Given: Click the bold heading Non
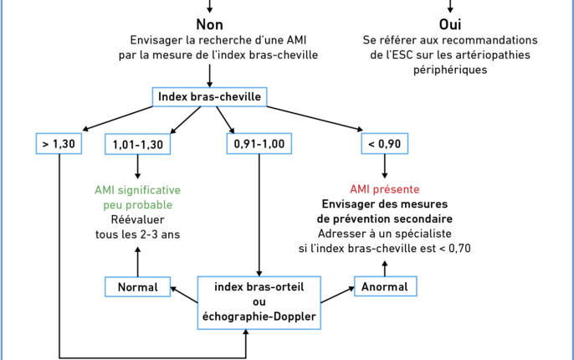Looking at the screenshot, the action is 209,24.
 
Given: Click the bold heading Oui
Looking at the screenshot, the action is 450,24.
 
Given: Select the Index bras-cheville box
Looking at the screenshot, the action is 209,97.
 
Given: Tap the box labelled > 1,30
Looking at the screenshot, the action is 59,143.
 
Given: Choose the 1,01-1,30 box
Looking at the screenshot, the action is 137,144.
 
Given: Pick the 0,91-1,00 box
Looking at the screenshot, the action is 259,143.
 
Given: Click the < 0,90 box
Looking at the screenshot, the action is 384,143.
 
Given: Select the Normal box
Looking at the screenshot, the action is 137,287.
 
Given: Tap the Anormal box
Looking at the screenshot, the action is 385,286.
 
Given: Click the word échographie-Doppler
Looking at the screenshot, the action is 259,316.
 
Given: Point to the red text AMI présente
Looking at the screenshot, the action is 384,189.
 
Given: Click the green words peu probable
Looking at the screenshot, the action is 137,205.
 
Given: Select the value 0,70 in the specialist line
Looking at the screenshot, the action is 459,249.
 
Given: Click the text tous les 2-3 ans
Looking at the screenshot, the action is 137,234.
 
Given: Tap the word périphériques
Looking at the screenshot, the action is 450,70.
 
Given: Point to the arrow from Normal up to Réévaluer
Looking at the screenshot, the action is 137,262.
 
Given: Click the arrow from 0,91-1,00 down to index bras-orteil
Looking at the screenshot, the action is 259,215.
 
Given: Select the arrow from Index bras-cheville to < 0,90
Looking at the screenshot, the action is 315,119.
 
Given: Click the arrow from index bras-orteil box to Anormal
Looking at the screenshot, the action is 337,295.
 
